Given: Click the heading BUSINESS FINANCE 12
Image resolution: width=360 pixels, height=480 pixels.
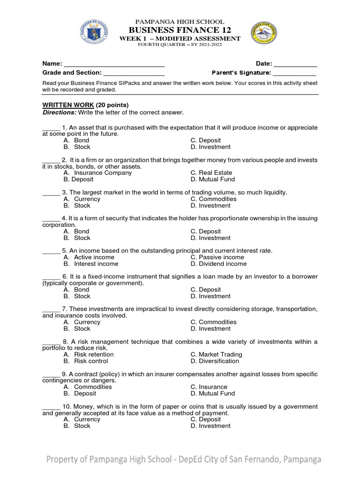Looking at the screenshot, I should coord(180,30).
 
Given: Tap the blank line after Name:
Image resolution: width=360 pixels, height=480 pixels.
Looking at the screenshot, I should coord(114,64).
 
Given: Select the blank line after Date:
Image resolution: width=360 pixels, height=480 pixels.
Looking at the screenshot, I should coord(295,64).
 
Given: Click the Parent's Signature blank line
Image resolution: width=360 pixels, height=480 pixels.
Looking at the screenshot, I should coord(294,73).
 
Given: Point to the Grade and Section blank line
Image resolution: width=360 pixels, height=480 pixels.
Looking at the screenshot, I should coord(134,73).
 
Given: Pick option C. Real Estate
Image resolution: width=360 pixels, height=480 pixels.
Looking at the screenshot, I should coord(211,172).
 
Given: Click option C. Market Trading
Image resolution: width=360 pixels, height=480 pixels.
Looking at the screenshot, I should coord(216,354).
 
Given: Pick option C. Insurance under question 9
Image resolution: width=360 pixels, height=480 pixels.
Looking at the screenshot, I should coord(209,387).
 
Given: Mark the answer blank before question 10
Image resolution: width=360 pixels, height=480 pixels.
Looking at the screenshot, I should coord(51,407).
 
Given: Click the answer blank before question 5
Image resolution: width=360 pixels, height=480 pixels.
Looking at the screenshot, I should coord(51,251).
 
